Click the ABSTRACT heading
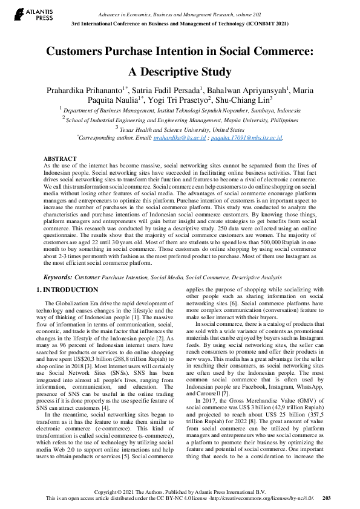pos(60,158)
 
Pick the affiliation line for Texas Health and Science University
pos(180,129)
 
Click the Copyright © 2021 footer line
pos(180,491)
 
